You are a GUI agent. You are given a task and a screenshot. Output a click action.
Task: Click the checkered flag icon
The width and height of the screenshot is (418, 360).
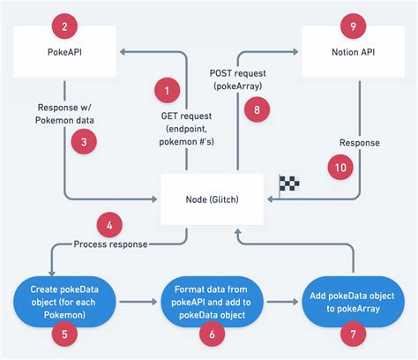290,183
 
